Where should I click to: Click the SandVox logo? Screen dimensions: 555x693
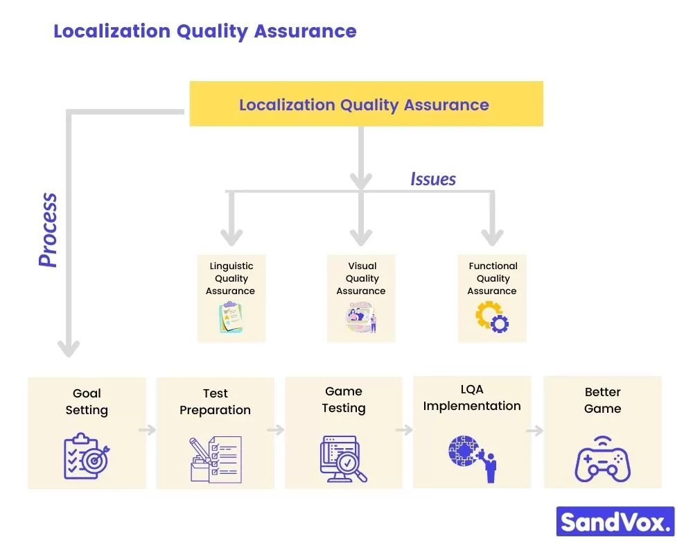(615, 521)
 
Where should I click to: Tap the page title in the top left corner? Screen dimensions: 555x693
(204, 31)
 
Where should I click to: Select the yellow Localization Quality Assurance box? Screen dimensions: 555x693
(365, 104)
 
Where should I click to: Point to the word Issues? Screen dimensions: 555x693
(432, 179)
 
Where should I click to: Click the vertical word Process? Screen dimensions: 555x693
(48, 230)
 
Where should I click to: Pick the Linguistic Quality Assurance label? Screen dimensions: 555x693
(231, 278)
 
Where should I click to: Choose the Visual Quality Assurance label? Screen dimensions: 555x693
(361, 278)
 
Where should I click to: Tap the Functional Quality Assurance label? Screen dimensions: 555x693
(492, 278)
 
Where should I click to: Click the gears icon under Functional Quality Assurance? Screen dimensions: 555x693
(492, 318)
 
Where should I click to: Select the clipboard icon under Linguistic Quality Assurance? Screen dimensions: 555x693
(230, 318)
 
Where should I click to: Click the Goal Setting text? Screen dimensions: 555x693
(87, 402)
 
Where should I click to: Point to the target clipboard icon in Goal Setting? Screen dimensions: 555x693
(87, 456)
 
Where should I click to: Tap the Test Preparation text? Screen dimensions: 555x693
(215, 402)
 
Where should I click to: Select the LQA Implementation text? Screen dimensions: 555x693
(472, 398)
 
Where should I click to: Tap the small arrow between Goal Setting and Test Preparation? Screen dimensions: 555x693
(147, 430)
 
